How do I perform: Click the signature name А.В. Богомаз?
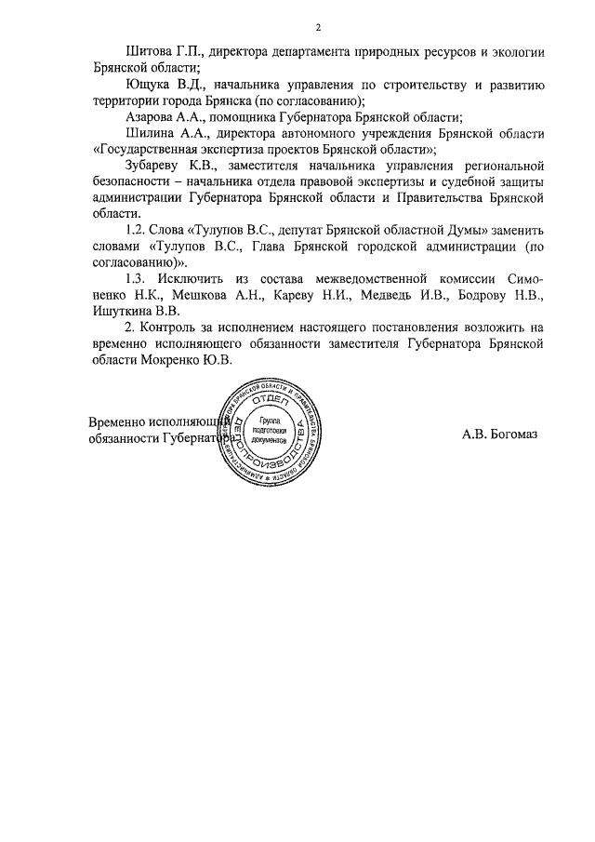point(499,434)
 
